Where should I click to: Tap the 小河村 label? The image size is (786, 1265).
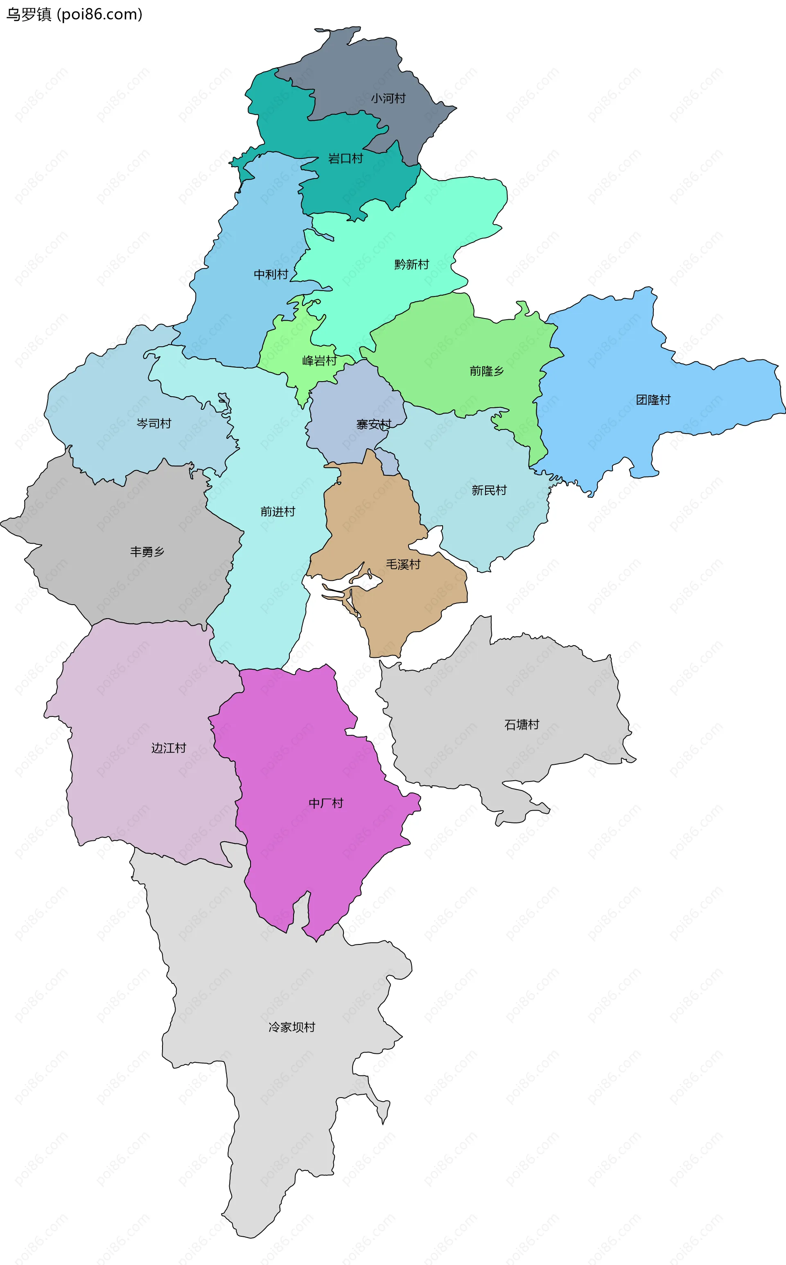tap(388, 98)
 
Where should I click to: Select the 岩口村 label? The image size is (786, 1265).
tap(345, 158)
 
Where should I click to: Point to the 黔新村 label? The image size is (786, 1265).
tap(411, 264)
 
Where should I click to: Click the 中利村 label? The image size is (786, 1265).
tap(271, 274)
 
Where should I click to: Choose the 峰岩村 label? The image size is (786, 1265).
tap(319, 361)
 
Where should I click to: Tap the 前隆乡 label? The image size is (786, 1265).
tap(487, 371)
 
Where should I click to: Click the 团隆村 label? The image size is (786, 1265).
tap(653, 400)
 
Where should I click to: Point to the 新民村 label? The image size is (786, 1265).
tap(489, 490)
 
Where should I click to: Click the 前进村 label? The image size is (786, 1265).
tap(278, 512)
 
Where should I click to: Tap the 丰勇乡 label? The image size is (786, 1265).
tap(147, 552)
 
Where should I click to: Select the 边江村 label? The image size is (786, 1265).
tap(168, 748)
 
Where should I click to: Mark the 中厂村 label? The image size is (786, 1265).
tap(326, 803)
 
